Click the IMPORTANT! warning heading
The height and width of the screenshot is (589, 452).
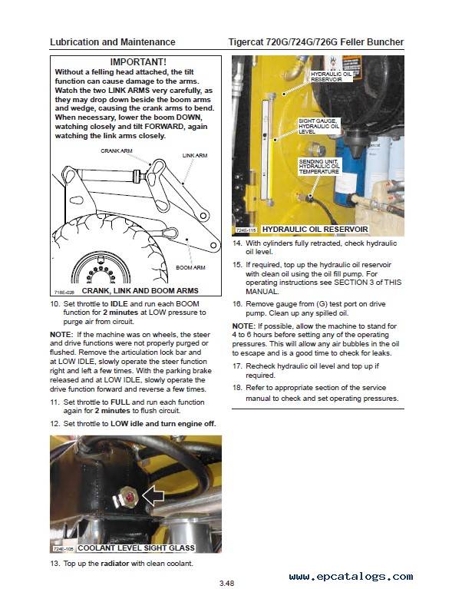click(x=137, y=61)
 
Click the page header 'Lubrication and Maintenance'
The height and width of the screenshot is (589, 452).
click(x=112, y=41)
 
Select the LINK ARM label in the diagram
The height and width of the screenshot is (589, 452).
click(x=195, y=155)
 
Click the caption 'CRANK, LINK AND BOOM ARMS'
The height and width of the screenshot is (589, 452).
click(x=140, y=291)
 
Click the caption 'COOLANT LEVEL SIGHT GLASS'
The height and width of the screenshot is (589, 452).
click(x=136, y=548)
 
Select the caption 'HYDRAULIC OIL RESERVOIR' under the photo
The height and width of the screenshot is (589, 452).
click(x=315, y=230)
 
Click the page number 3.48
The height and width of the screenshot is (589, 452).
click(x=226, y=581)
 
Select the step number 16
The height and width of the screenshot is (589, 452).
click(x=237, y=304)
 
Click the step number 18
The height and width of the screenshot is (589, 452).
click(x=237, y=388)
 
